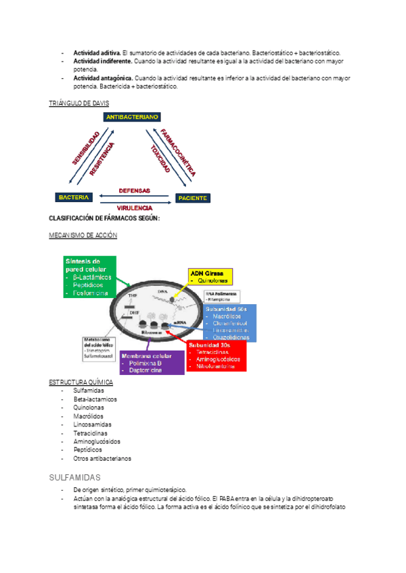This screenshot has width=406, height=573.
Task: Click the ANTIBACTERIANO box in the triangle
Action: coord(133,117)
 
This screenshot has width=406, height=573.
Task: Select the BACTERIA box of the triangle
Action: coord(74,197)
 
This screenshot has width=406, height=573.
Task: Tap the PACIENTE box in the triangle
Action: coord(192,198)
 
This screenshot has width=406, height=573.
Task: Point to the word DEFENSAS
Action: coord(135,191)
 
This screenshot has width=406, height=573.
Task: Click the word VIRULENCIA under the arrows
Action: coord(135,207)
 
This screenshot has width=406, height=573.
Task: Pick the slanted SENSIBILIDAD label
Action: coord(86,149)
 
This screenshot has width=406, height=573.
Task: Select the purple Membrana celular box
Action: coord(152,363)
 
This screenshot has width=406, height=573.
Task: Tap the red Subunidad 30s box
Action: coord(218,355)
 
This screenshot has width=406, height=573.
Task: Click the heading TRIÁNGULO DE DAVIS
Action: coord(79,103)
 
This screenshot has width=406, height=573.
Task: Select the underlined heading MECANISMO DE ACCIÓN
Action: coord(83,235)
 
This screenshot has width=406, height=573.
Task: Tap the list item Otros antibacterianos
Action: coord(102,457)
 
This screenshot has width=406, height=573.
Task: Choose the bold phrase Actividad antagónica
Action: coord(104,78)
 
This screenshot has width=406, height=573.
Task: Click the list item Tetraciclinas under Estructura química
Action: coord(91,432)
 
